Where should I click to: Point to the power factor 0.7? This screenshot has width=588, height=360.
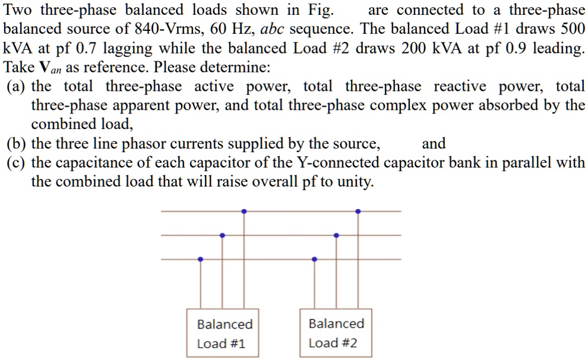coord(84,48)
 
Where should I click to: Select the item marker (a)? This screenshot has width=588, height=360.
coord(16,86)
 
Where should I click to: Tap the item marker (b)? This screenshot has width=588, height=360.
coord(17,143)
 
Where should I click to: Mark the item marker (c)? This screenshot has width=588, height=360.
coord(16,162)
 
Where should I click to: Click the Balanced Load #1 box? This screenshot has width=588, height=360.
coord(224,333)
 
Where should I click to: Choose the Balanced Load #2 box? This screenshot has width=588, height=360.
coord(336,333)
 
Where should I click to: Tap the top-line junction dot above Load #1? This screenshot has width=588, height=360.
coord(244,211)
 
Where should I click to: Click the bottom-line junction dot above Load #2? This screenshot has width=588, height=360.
coord(314,259)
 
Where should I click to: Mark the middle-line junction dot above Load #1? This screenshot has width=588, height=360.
coord(222,235)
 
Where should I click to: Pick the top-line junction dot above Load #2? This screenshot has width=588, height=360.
coord(358,211)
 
